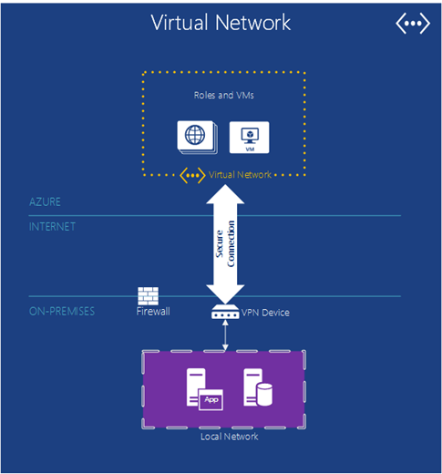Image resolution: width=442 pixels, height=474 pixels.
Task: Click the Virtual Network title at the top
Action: click(x=221, y=23)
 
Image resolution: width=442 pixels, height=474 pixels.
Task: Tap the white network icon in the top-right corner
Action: click(x=413, y=24)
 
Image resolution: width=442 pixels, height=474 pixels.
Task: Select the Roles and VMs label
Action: click(x=224, y=96)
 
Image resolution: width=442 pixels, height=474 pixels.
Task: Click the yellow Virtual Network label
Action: click(x=240, y=175)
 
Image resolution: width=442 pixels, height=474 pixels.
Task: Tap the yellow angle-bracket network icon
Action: click(x=192, y=175)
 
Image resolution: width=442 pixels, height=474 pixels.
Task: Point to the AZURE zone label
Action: click(x=45, y=201)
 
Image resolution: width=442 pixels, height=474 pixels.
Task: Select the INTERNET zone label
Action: click(x=52, y=227)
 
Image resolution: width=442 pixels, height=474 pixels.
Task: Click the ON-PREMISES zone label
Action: click(x=62, y=311)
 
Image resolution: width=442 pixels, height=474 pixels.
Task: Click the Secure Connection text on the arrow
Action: click(x=225, y=244)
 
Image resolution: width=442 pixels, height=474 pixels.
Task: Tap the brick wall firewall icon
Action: click(x=148, y=296)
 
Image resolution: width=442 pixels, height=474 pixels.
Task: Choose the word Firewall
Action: click(x=153, y=312)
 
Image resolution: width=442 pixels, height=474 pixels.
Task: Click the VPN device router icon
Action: click(x=225, y=312)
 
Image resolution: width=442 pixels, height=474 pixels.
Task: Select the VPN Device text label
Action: click(x=265, y=313)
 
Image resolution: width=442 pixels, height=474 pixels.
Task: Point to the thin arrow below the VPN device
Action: click(x=225, y=335)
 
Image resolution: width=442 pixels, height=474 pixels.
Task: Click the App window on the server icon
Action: click(x=211, y=399)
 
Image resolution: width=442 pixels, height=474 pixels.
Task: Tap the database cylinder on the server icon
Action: click(x=264, y=395)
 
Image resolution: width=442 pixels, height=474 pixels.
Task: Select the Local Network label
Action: click(x=230, y=437)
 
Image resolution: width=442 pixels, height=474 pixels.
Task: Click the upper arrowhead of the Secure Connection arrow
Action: click(x=225, y=194)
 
